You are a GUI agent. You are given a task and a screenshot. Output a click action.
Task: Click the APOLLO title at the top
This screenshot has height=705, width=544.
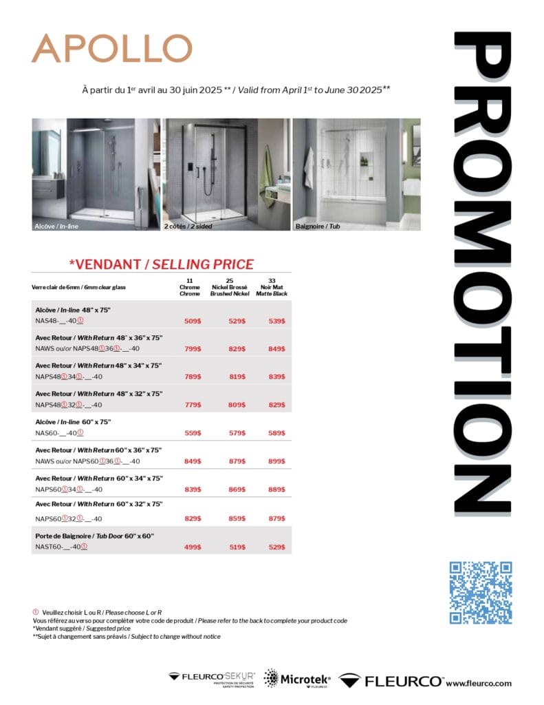(111, 48)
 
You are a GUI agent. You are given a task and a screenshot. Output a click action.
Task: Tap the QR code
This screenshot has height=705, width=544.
(481, 593)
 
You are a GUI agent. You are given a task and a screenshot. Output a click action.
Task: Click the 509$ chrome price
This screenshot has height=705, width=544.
(193, 321)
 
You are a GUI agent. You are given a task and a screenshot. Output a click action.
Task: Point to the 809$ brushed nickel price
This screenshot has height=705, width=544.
(237, 405)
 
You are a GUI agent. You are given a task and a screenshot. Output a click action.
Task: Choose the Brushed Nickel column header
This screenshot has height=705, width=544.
(229, 287)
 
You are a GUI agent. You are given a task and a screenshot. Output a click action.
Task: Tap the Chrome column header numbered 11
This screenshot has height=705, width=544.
(190, 287)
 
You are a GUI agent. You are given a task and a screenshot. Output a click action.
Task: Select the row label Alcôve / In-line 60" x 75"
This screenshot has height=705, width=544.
(73, 421)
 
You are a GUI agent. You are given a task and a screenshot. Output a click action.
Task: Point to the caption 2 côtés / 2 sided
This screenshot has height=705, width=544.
(188, 226)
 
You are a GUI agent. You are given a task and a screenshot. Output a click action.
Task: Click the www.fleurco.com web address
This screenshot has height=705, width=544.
(479, 683)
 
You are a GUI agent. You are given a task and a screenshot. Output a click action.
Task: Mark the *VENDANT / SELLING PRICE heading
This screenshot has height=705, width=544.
(162, 264)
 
